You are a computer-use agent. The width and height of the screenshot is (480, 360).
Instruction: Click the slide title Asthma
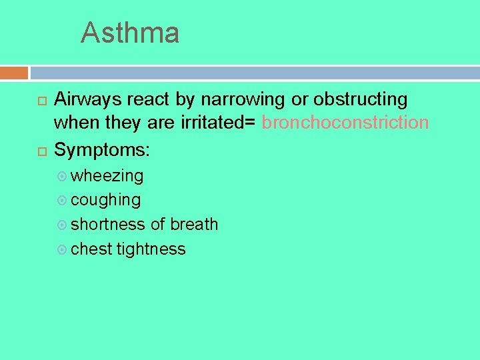click(x=130, y=33)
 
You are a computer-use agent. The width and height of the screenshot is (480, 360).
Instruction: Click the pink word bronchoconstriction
click(x=345, y=123)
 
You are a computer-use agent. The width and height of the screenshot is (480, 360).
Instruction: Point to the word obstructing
click(x=361, y=99)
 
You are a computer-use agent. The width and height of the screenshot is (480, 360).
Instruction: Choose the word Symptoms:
click(x=102, y=149)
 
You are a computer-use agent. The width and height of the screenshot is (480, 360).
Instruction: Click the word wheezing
click(x=107, y=176)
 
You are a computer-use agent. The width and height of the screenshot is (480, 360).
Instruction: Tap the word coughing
click(x=105, y=200)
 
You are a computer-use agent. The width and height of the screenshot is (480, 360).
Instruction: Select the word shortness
click(x=108, y=225)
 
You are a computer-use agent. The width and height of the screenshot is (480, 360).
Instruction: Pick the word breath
click(x=194, y=225)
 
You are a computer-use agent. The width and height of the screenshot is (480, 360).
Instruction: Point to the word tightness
click(x=151, y=249)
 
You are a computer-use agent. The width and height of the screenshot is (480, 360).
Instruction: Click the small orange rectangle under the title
click(x=14, y=73)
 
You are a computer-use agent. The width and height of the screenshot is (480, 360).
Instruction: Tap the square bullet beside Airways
click(x=41, y=101)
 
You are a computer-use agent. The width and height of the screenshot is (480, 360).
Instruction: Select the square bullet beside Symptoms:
click(x=41, y=151)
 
